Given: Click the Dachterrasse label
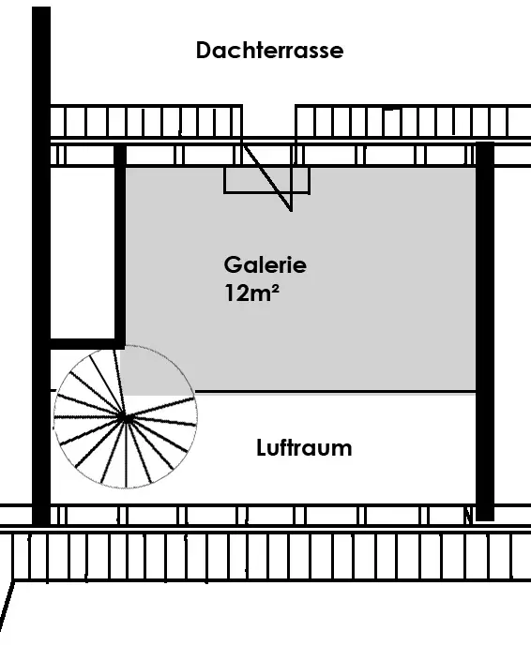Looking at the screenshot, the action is click(x=269, y=51).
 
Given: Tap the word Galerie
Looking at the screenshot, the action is click(x=265, y=265).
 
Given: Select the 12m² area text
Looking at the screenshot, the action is click(x=251, y=293).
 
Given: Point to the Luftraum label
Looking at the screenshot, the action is click(x=304, y=447).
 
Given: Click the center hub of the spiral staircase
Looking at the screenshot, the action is click(x=126, y=418).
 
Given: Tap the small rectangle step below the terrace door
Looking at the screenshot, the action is click(x=266, y=180).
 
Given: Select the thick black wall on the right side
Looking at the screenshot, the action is click(x=485, y=331).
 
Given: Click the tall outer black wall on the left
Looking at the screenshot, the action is click(x=41, y=265).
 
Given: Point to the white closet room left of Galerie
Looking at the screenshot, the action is click(x=83, y=252).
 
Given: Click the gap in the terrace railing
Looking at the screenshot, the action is click(x=268, y=121).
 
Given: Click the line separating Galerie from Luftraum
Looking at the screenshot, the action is click(x=335, y=392).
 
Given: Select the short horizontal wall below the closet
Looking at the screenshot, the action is click(x=88, y=343).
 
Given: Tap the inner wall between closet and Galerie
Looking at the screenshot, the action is click(x=120, y=247).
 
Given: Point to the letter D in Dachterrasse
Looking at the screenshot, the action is click(x=204, y=51).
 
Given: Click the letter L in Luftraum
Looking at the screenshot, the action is click(x=261, y=447).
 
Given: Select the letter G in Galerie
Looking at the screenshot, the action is click(x=234, y=265).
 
